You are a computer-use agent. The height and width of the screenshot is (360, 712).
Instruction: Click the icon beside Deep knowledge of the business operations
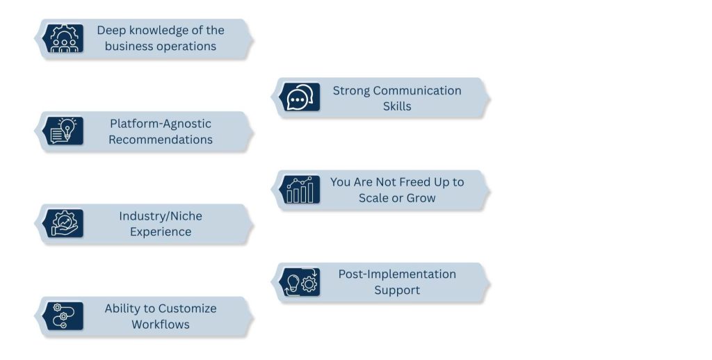[x=63, y=39]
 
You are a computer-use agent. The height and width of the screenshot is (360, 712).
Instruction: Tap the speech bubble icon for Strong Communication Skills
[x=300, y=98]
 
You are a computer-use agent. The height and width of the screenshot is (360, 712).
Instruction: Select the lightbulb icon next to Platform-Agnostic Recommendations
[x=63, y=131]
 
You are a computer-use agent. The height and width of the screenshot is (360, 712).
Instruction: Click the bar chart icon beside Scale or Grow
[x=300, y=190]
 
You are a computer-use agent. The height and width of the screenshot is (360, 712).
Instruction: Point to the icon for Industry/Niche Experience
[x=63, y=224]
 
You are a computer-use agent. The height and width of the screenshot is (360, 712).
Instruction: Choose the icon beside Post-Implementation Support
[x=300, y=282]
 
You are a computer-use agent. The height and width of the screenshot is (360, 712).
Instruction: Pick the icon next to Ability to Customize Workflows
[x=63, y=316]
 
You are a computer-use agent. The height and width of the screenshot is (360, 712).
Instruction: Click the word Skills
[x=397, y=106]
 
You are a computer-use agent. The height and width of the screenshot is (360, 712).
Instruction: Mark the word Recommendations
[x=161, y=140]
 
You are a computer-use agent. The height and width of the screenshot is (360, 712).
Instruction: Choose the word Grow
[x=421, y=198]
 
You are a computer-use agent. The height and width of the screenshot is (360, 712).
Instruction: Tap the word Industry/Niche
[x=161, y=216]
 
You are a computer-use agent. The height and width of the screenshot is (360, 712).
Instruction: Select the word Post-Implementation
[x=397, y=274]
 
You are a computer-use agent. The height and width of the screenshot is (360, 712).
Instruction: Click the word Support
[x=397, y=290]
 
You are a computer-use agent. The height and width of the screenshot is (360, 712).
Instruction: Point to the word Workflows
[x=161, y=325]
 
